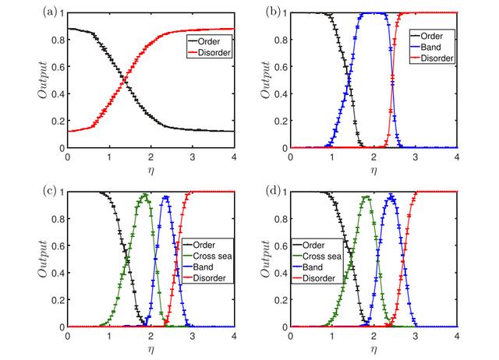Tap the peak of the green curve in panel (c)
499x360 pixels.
coord(144,195)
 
